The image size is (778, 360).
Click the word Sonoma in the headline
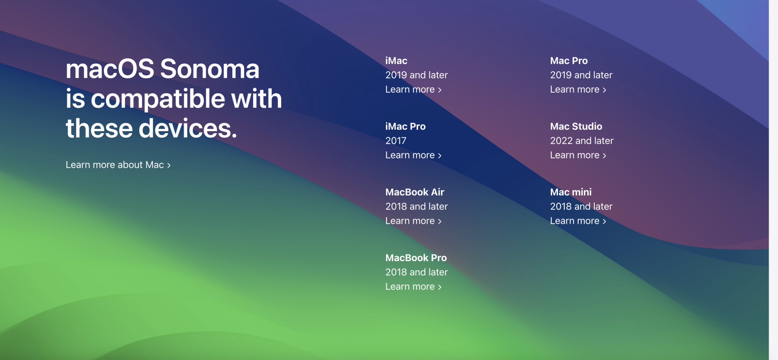tap(210, 69)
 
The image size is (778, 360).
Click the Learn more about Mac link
tap(118, 165)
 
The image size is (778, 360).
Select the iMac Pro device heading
tap(405, 126)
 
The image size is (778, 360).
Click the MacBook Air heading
tap(415, 192)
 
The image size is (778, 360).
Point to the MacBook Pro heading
tap(416, 258)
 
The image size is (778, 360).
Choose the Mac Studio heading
tap(576, 126)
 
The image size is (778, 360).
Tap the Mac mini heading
tap(571, 192)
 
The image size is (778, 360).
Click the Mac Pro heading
tap(569, 61)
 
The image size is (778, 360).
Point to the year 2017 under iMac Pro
tap(396, 141)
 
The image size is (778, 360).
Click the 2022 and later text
tap(582, 141)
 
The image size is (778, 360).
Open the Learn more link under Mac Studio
tap(578, 155)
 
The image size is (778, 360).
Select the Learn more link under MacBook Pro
tap(414, 287)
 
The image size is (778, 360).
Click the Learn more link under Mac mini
tap(578, 221)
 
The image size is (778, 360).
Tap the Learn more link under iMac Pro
tap(414, 155)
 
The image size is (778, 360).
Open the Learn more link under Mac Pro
tap(578, 90)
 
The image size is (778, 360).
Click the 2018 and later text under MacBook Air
tap(417, 207)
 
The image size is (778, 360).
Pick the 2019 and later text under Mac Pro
tap(581, 75)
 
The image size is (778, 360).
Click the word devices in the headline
tap(188, 129)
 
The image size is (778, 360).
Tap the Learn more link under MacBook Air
tap(414, 221)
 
